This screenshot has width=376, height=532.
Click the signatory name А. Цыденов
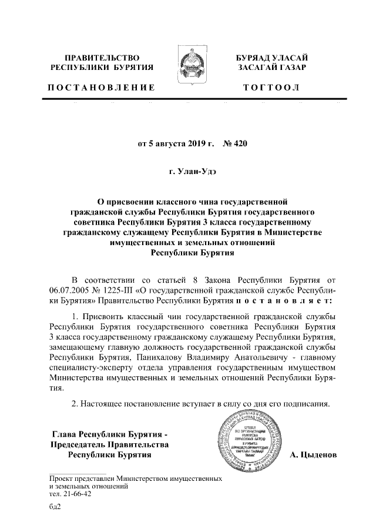pyautogui.click(x=313, y=455)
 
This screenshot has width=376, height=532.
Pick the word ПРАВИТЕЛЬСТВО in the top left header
pyautogui.click(x=100, y=58)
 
